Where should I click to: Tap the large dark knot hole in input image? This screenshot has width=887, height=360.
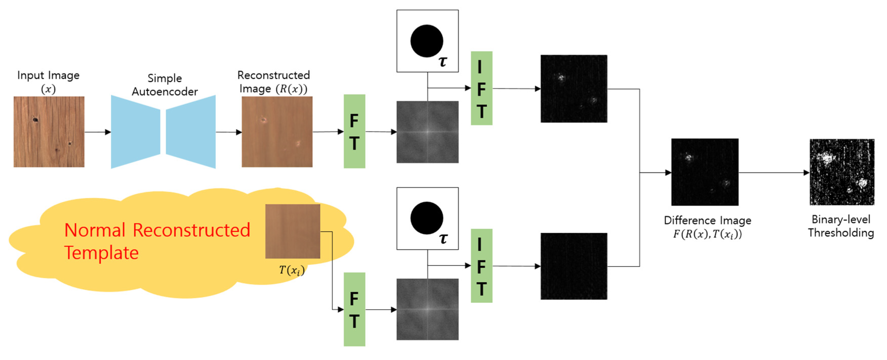click(35, 120)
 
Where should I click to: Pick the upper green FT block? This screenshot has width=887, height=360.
click(354, 131)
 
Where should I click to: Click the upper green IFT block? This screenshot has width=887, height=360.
click(481, 88)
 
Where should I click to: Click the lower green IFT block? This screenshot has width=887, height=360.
click(481, 266)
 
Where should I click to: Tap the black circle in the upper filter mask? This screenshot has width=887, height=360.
click(427, 41)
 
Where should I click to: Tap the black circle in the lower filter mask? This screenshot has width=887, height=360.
click(427, 218)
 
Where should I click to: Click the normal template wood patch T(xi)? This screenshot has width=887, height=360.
click(292, 231)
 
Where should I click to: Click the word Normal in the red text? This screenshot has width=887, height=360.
click(95, 230)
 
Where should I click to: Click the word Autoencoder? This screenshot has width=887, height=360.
click(165, 92)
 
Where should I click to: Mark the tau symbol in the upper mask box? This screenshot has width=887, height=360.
click(443, 62)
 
